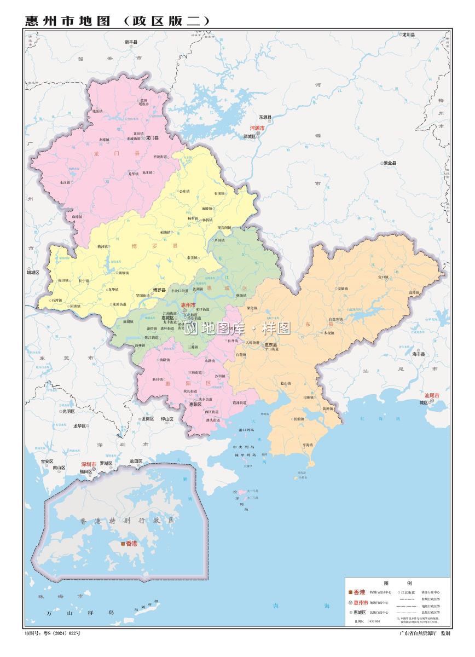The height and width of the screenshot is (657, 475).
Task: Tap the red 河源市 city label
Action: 257,128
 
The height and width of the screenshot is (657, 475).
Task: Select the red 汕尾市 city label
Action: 432,395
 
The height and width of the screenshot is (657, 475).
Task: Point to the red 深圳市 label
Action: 89,464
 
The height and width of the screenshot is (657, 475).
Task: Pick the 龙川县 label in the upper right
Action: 408,34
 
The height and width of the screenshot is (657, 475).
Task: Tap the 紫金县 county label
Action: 390,163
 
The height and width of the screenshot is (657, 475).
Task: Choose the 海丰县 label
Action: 419,354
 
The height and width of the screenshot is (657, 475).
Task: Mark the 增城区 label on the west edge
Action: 33,272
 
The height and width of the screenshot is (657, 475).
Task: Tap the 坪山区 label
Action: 167,419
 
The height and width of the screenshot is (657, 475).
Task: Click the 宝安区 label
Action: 47,462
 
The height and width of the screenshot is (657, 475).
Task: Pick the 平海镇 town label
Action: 307,445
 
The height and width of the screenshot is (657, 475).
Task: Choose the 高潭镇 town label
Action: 414,292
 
